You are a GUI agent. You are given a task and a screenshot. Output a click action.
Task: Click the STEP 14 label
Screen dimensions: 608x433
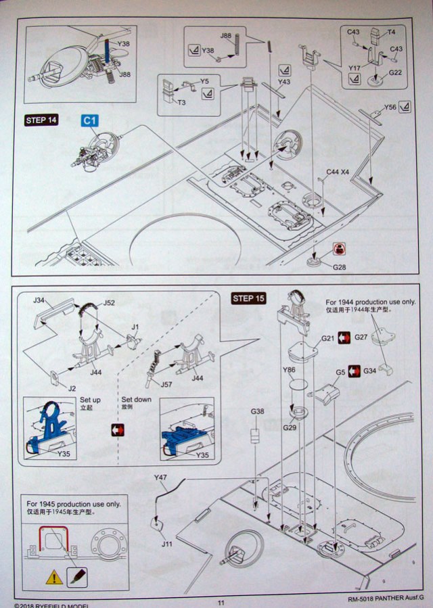click(41, 120)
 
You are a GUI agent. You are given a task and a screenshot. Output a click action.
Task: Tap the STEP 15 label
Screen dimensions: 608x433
click(249, 298)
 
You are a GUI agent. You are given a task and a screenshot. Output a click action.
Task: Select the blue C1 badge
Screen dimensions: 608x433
click(90, 120)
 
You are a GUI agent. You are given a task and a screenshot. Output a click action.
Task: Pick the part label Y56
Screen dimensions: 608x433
click(390, 107)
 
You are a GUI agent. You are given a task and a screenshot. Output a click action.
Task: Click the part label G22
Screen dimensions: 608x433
click(396, 72)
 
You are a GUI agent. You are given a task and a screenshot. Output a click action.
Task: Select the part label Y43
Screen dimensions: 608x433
click(283, 82)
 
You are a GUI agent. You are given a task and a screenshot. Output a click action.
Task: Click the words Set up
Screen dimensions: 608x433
click(91, 400)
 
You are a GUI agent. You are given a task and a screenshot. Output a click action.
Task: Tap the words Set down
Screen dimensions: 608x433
click(138, 400)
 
